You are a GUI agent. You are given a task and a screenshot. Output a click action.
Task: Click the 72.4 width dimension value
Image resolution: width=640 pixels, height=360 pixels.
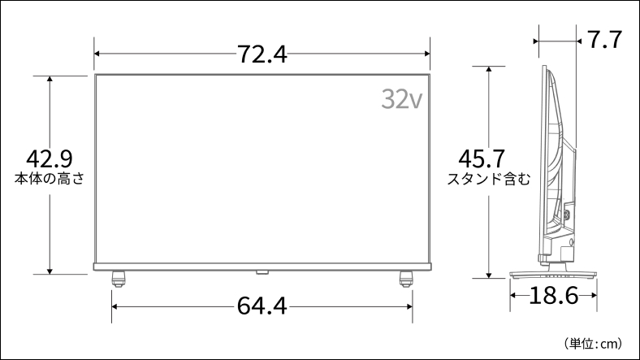coord(262,54)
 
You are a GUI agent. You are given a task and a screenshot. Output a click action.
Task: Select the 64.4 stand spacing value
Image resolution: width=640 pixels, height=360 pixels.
coord(262,306)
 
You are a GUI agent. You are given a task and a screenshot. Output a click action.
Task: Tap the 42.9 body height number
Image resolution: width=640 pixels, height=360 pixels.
coord(50,158)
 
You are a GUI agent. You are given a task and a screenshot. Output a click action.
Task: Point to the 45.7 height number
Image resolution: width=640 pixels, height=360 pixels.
coord(482,158)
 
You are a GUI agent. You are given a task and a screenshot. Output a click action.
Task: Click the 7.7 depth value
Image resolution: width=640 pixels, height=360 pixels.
coord(604,40)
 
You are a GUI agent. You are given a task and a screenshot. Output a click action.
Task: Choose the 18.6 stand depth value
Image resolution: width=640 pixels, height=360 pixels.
coord(553,296)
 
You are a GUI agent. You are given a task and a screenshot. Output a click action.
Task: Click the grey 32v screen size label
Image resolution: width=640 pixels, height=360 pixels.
coord(402,99)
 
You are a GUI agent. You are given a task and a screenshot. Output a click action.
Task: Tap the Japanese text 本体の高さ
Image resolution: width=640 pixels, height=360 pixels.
coord(50,179)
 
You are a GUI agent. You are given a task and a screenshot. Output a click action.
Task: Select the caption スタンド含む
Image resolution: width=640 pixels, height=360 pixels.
coord(489,179)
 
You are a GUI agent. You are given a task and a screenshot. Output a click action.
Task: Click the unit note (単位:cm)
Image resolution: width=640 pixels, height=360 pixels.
coord(593,344)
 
